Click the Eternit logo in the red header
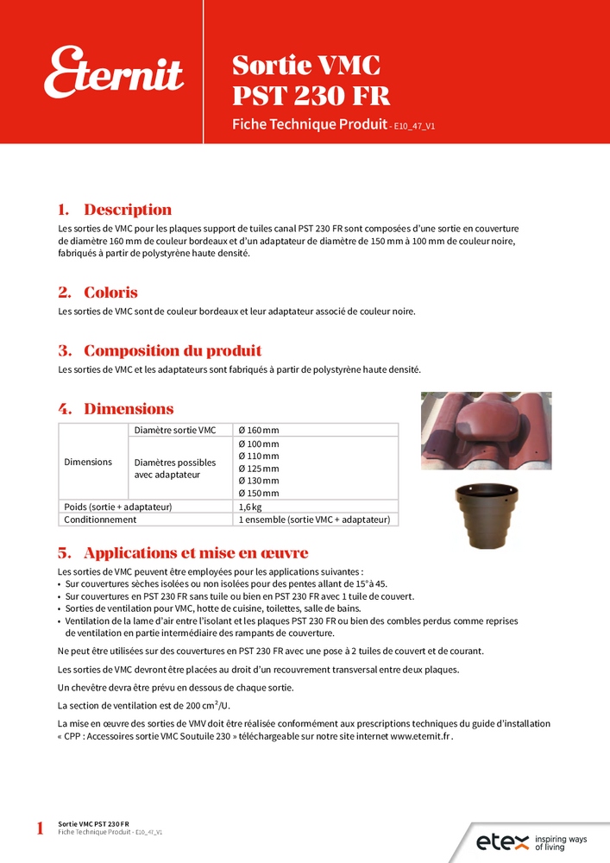point(114,72)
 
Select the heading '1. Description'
point(115,210)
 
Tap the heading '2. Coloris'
point(97,293)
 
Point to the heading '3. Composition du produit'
point(160,350)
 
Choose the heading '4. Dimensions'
point(116,408)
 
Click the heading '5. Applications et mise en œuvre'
point(183,552)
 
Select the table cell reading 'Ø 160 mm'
point(259,430)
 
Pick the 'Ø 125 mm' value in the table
point(259,469)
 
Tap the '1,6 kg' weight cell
point(250,507)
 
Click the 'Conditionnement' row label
point(101,520)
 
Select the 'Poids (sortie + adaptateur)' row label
point(118,507)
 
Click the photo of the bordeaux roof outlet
point(486,431)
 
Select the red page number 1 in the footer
point(40,829)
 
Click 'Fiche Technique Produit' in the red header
point(309,124)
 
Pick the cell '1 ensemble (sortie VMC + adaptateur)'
point(314,520)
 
